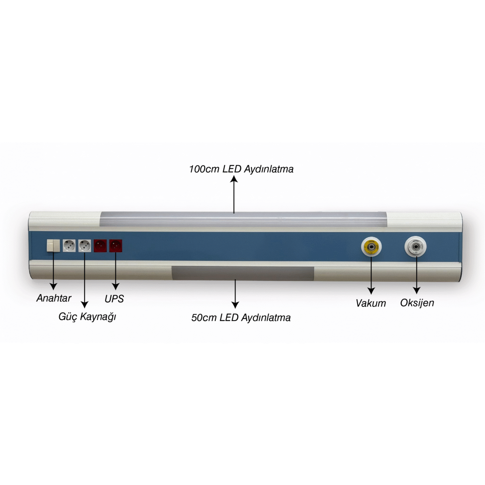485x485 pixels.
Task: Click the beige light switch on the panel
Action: pos(53,245)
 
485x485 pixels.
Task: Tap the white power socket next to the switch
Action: pos(69,245)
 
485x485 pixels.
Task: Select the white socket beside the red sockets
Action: pos(84,245)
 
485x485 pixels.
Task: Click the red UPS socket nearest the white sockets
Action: pos(100,245)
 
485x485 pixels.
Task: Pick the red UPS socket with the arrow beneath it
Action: pos(116,245)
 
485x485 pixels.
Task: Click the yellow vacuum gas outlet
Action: pos(371,247)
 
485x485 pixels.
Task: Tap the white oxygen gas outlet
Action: pos(415,247)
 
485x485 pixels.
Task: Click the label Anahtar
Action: pos(54,298)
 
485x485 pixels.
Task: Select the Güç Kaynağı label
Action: pos(87,316)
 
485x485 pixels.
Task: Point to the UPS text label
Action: pos(114,299)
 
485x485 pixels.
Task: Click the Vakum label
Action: pos(371,303)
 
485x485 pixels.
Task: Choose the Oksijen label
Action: pos(417,303)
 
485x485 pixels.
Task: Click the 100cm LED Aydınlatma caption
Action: pos(241,169)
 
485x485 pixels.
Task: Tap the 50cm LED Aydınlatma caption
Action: pos(241,318)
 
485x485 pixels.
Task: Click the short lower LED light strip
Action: pos(242,273)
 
